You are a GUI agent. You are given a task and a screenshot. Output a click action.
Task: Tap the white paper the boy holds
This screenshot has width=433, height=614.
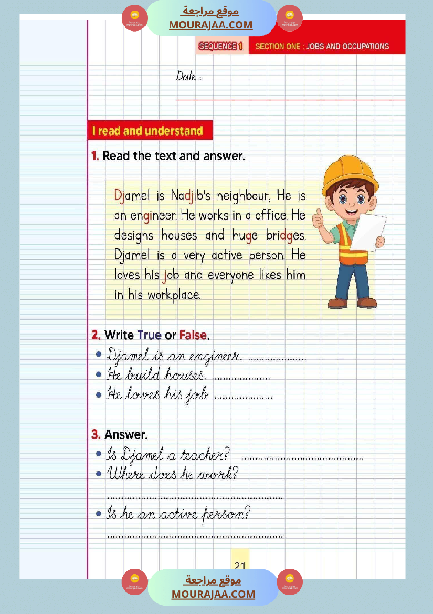click(368, 232)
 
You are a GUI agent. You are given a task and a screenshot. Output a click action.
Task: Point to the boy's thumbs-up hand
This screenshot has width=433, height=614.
click(318, 220)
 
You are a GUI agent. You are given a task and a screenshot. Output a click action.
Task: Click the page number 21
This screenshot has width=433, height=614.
click(240, 566)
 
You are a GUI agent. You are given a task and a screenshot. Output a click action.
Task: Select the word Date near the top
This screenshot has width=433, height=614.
click(186, 76)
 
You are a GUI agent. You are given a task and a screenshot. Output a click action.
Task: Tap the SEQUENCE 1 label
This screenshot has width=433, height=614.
click(220, 46)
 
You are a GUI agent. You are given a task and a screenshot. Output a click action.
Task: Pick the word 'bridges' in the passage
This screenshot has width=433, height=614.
click(285, 235)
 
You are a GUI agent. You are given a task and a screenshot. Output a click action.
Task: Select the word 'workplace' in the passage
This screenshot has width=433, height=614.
click(174, 295)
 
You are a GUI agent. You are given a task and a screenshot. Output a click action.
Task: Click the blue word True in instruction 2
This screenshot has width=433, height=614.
click(149, 335)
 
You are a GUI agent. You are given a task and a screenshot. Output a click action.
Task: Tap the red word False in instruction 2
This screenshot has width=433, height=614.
click(193, 335)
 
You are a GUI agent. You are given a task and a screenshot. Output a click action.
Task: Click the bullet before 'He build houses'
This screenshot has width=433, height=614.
click(99, 375)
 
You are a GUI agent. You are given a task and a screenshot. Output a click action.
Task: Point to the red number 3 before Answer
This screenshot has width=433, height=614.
click(96, 434)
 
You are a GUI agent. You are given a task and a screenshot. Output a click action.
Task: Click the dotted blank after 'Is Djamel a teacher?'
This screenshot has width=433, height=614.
click(302, 458)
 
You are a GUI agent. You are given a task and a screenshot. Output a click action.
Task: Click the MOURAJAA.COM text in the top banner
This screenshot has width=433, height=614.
click(210, 25)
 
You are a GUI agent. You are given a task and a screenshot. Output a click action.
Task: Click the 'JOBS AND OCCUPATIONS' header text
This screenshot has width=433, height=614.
click(347, 46)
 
